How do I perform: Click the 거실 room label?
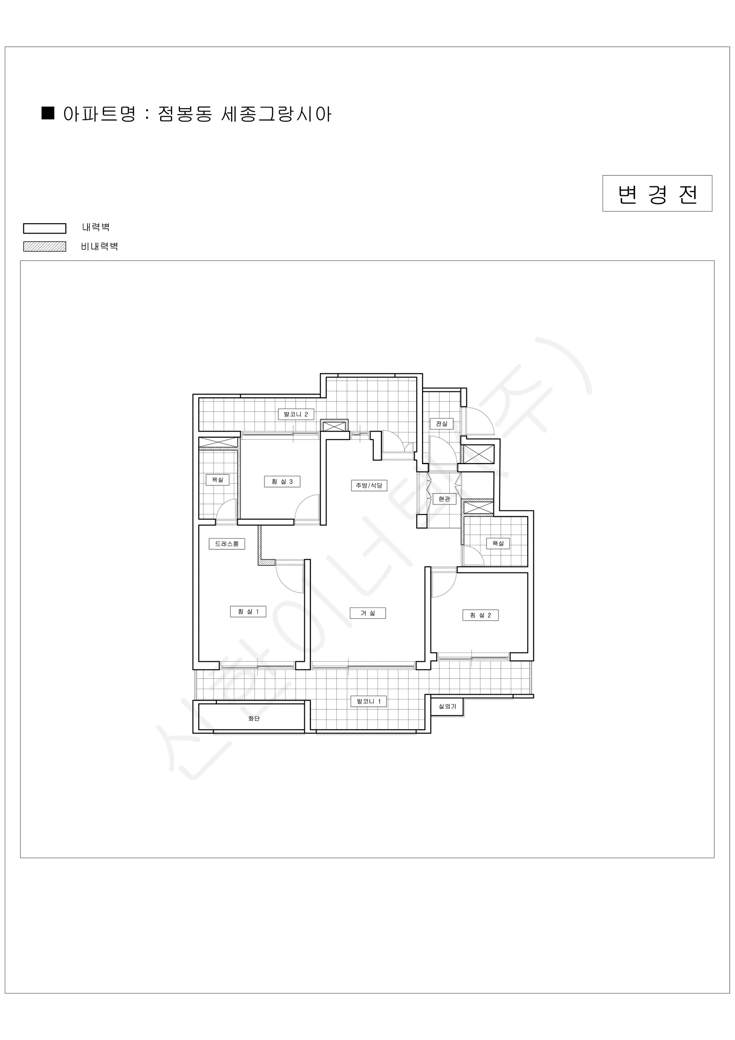[x=367, y=613]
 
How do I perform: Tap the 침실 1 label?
[x=248, y=611]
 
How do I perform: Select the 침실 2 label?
[x=480, y=615]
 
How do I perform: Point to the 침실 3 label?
[x=282, y=481]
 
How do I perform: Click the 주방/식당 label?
[x=369, y=486]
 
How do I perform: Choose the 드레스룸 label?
[x=227, y=543]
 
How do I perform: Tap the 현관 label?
[x=445, y=499]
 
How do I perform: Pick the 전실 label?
[x=442, y=423]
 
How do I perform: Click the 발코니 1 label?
[x=369, y=702]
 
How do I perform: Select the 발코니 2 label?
[x=296, y=414]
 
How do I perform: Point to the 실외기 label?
[x=447, y=706]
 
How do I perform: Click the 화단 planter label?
[x=254, y=718]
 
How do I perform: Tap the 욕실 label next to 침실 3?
[x=218, y=480]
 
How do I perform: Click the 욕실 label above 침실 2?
[x=498, y=543]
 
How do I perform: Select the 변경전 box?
[x=657, y=193]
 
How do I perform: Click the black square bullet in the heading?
[x=48, y=113]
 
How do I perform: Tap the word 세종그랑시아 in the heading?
[x=277, y=114]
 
